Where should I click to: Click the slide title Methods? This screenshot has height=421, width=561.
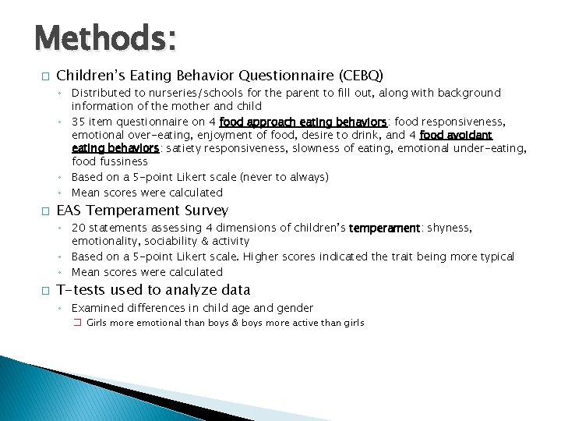pyautogui.click(x=105, y=37)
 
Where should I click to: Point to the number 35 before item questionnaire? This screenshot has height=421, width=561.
pyautogui.click(x=79, y=122)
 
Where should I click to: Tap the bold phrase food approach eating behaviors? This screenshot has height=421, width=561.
pyautogui.click(x=304, y=122)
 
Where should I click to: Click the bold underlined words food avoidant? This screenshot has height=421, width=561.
pyautogui.click(x=456, y=135)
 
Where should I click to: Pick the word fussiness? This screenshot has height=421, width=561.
pyautogui.click(x=122, y=162)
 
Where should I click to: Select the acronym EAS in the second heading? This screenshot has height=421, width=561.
pyautogui.click(x=69, y=210)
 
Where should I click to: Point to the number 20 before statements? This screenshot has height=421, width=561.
pyautogui.click(x=79, y=228)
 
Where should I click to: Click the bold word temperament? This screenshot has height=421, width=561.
pyautogui.click(x=385, y=228)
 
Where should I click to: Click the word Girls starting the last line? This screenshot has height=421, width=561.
pyautogui.click(x=98, y=323)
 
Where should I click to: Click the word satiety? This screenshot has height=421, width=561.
pyautogui.click(x=182, y=148)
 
